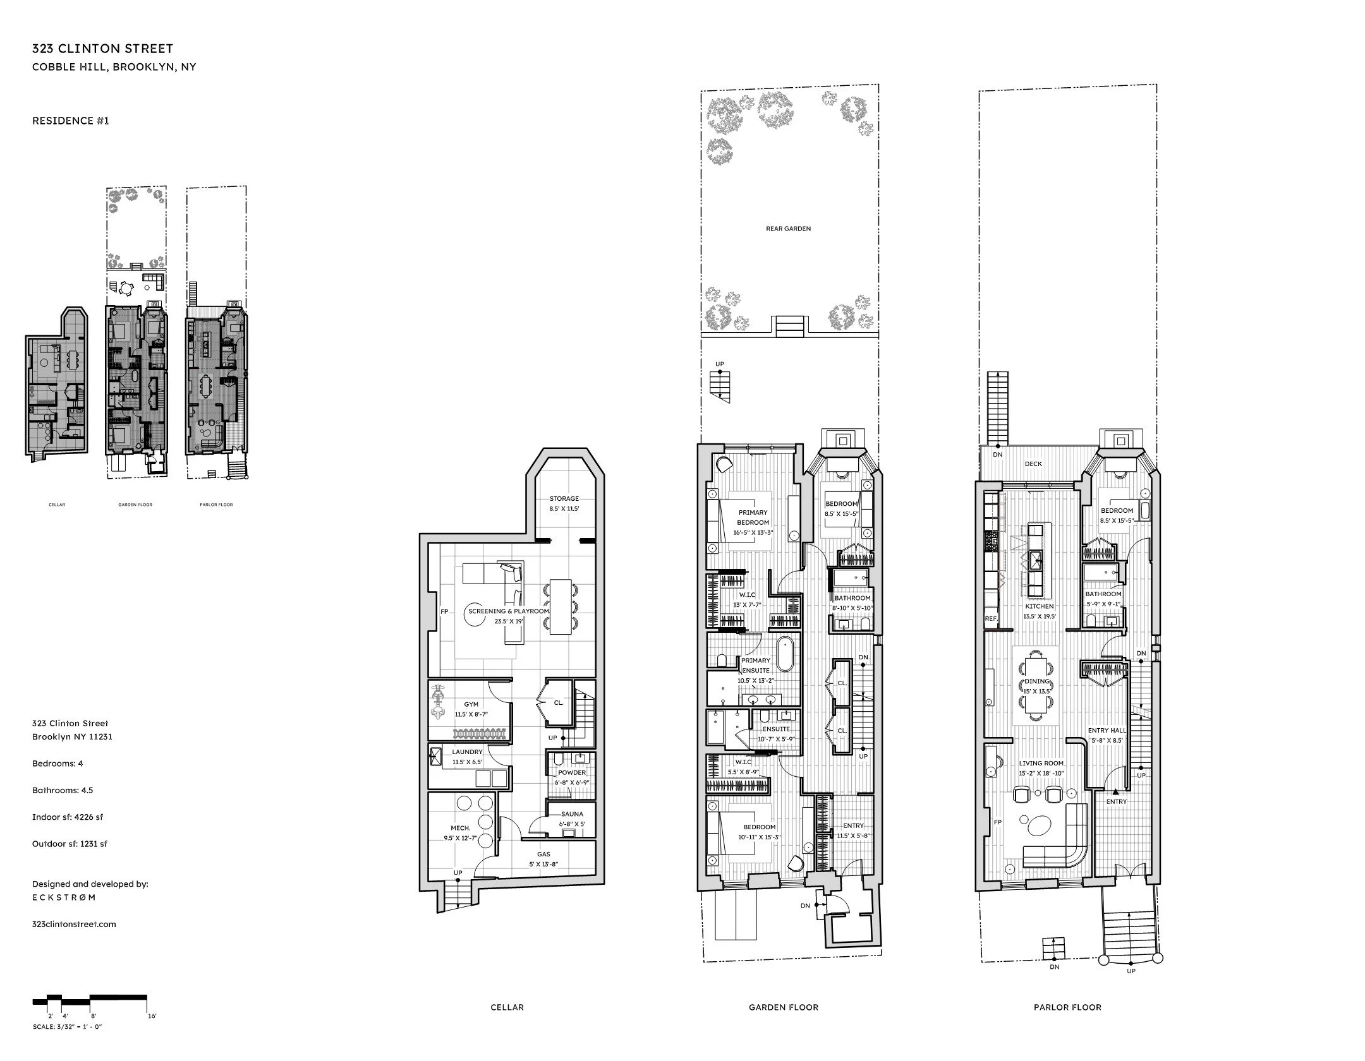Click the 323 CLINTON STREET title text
[102, 49]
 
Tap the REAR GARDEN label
[788, 229]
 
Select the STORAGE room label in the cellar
[564, 499]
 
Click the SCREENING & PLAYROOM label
[508, 611]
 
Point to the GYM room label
[471, 704]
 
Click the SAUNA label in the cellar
[572, 814]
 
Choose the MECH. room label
[460, 828]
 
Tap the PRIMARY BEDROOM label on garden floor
[753, 517]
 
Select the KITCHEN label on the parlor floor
[1039, 606]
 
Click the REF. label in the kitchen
[991, 619]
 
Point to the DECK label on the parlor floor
[1033, 464]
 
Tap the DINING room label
[1036, 681]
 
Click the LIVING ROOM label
[1040, 763]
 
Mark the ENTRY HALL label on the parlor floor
[1107, 731]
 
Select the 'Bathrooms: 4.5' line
[63, 790]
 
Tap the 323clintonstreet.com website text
[74, 924]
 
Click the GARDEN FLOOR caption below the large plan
[784, 1007]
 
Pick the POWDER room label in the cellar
[571, 772]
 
